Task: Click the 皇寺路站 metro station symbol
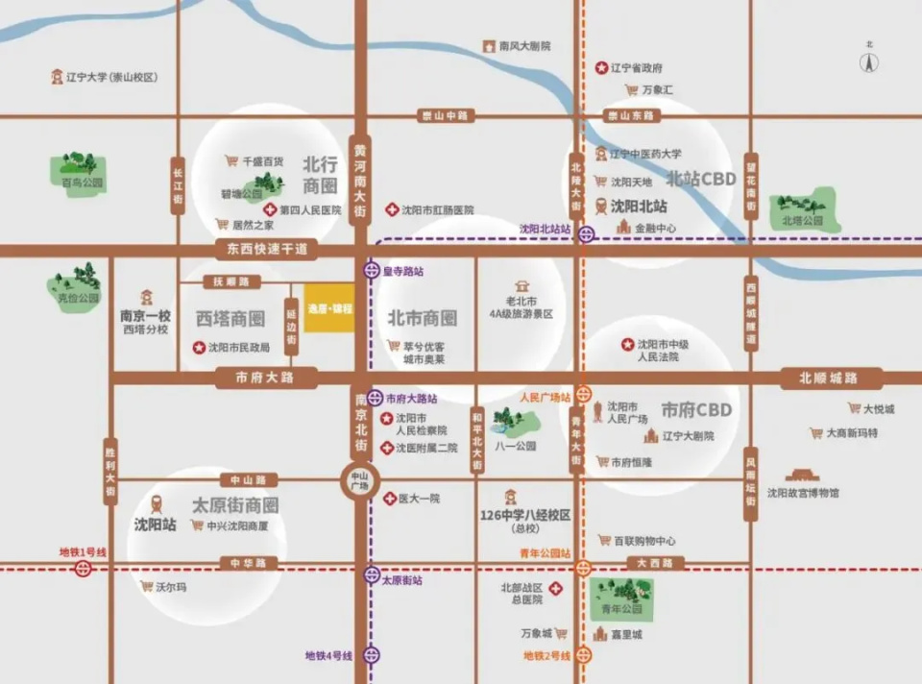click(372, 271)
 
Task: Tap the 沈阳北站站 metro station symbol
click(586, 232)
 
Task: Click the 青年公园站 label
click(546, 553)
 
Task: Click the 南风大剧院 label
click(524, 45)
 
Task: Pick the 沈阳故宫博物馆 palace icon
click(802, 475)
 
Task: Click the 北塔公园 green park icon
click(803, 206)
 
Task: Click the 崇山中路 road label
click(445, 116)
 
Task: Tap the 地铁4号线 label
click(328, 655)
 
